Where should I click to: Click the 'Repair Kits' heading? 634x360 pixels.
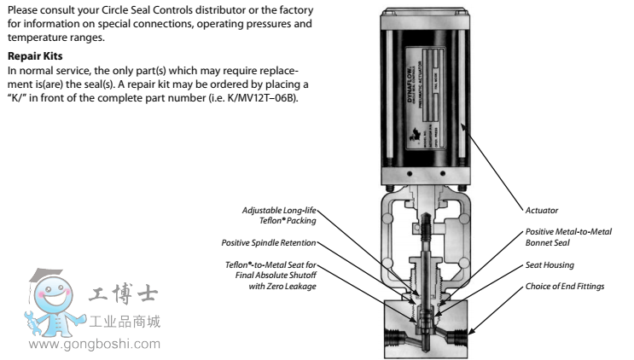[31, 54]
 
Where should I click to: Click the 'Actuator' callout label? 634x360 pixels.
[542, 208]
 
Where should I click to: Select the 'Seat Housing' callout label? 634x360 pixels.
[548, 264]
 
